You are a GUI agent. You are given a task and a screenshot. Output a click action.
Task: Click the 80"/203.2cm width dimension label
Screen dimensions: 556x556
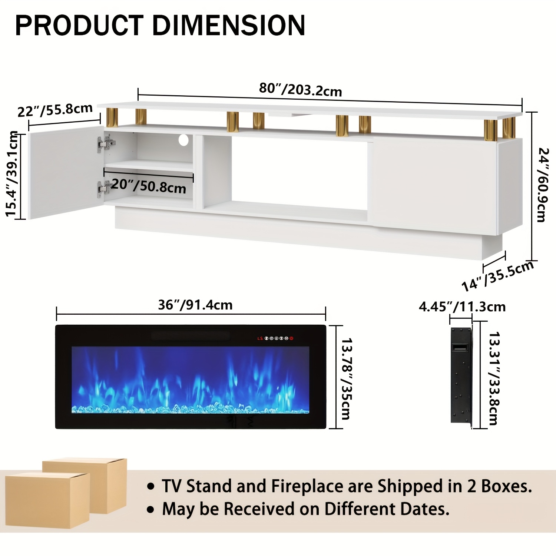(x=300, y=89)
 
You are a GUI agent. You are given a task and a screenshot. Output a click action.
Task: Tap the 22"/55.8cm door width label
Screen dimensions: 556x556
(x=55, y=110)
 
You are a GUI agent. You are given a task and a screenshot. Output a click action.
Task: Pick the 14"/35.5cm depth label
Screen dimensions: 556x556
(x=497, y=276)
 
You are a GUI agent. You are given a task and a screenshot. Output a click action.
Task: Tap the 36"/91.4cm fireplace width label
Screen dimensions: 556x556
(x=195, y=305)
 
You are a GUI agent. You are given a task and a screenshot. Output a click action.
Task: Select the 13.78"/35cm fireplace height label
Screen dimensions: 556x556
(x=347, y=378)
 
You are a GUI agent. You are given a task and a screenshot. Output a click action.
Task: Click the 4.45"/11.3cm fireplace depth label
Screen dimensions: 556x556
(x=462, y=307)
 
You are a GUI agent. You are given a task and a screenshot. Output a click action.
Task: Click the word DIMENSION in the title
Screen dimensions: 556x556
(x=228, y=26)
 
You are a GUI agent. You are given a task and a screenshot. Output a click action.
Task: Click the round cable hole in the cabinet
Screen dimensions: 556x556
(x=183, y=140)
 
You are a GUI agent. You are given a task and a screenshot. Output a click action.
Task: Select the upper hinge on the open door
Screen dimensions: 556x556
(x=106, y=143)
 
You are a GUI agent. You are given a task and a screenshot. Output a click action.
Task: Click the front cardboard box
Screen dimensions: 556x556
(x=47, y=500)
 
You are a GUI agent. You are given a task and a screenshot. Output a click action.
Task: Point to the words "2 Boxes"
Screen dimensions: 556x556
(x=499, y=486)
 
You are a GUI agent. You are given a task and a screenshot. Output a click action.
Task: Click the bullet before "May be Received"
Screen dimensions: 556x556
(x=150, y=510)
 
